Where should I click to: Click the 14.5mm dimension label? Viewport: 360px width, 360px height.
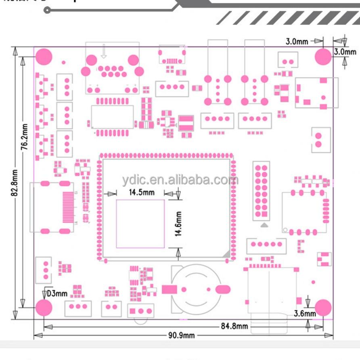pos(141,192)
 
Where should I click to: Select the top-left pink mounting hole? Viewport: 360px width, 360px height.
pos(44,57)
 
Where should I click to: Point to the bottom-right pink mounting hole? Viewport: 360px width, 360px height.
pos(323,308)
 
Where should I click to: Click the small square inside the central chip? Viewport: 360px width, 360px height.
pos(140,224)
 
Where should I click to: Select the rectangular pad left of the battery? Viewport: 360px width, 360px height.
pos(170,289)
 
